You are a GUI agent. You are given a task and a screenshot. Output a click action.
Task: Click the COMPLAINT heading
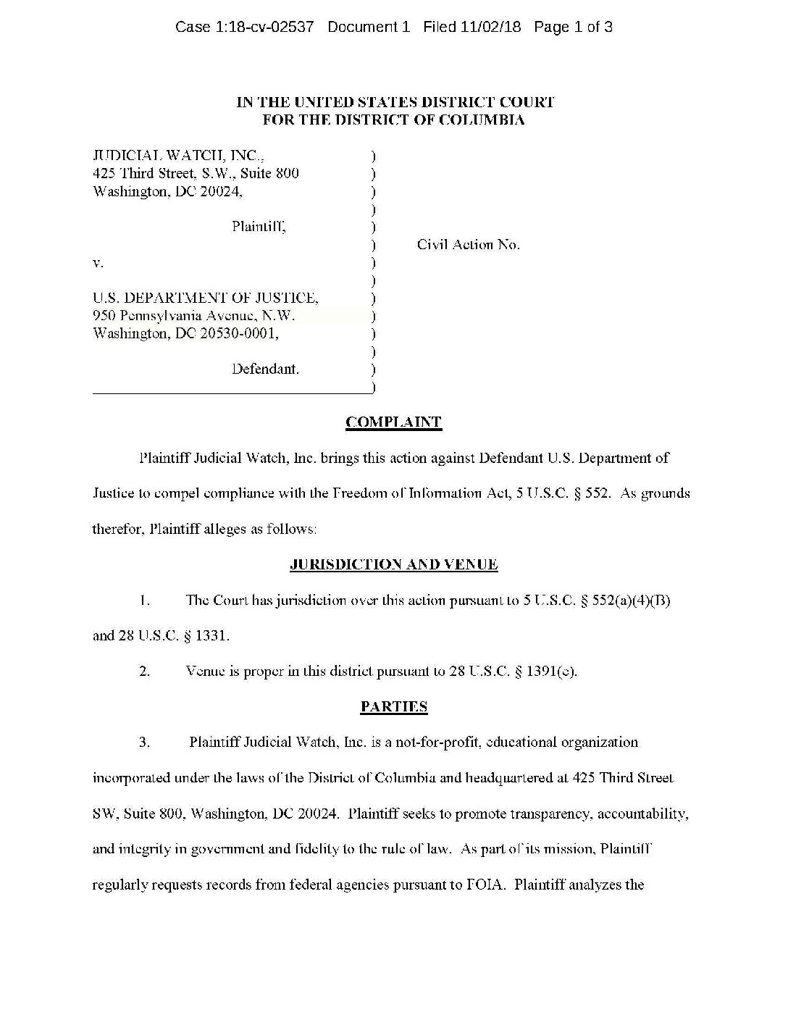393,422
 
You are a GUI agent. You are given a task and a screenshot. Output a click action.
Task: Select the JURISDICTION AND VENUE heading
393,564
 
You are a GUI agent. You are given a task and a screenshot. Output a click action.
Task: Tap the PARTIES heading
393,706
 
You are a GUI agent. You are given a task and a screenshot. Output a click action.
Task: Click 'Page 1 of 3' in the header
573,28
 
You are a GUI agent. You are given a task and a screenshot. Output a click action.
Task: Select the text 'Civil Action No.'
468,245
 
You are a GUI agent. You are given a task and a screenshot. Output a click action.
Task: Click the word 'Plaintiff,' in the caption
259,227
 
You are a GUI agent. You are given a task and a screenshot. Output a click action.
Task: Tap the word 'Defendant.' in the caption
265,369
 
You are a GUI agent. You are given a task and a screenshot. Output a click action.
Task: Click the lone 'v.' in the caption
98,263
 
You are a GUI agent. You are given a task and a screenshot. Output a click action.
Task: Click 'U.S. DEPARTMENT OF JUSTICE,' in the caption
206,298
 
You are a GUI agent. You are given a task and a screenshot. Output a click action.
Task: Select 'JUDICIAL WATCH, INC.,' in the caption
179,155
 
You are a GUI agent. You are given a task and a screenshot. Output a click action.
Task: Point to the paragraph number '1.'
145,600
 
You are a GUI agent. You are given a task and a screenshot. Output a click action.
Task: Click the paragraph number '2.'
145,671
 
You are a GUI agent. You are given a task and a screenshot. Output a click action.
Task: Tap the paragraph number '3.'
145,742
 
